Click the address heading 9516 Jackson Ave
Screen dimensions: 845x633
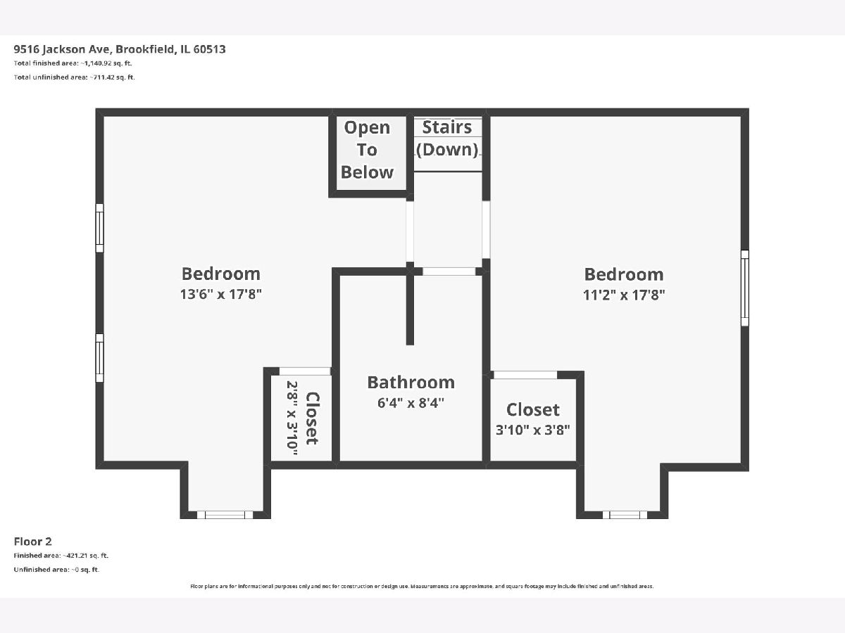pos(120,49)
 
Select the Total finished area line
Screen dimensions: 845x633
pos(73,63)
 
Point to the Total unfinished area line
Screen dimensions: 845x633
pos(75,77)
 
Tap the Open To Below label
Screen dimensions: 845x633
pos(368,150)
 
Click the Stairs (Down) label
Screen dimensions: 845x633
pos(447,139)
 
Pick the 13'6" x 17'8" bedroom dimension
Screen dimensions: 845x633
pos(221,295)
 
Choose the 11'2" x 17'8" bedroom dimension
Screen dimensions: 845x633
pos(624,295)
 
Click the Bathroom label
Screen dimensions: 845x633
pos(411,383)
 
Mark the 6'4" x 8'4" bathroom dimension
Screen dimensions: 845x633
pos(411,403)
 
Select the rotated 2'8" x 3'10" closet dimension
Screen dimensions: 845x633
pos(292,418)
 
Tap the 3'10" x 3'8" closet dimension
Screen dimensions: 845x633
pos(533,430)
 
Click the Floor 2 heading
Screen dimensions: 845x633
pos(32,542)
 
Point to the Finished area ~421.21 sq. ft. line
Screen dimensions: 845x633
pos(61,556)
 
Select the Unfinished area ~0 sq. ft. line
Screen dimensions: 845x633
pos(56,570)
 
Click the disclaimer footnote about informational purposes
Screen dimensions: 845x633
pos(422,586)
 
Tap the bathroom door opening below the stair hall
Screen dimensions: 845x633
pos(449,271)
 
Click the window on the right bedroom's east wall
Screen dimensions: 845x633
pos(745,288)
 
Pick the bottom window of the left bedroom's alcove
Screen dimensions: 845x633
pos(225,515)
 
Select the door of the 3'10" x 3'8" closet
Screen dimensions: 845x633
pos(525,375)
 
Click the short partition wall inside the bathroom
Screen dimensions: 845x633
pos(410,307)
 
